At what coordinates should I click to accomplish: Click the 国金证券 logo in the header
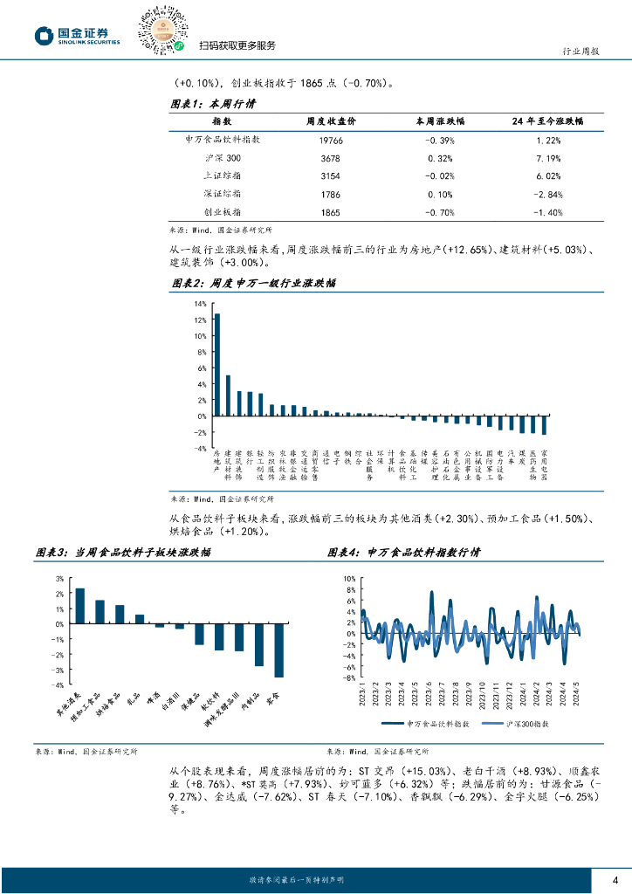pos(77,35)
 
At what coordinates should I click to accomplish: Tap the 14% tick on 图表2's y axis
pos(200,304)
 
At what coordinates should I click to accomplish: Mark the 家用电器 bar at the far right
pos(544,424)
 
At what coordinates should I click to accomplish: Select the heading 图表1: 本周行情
pos(211,102)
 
